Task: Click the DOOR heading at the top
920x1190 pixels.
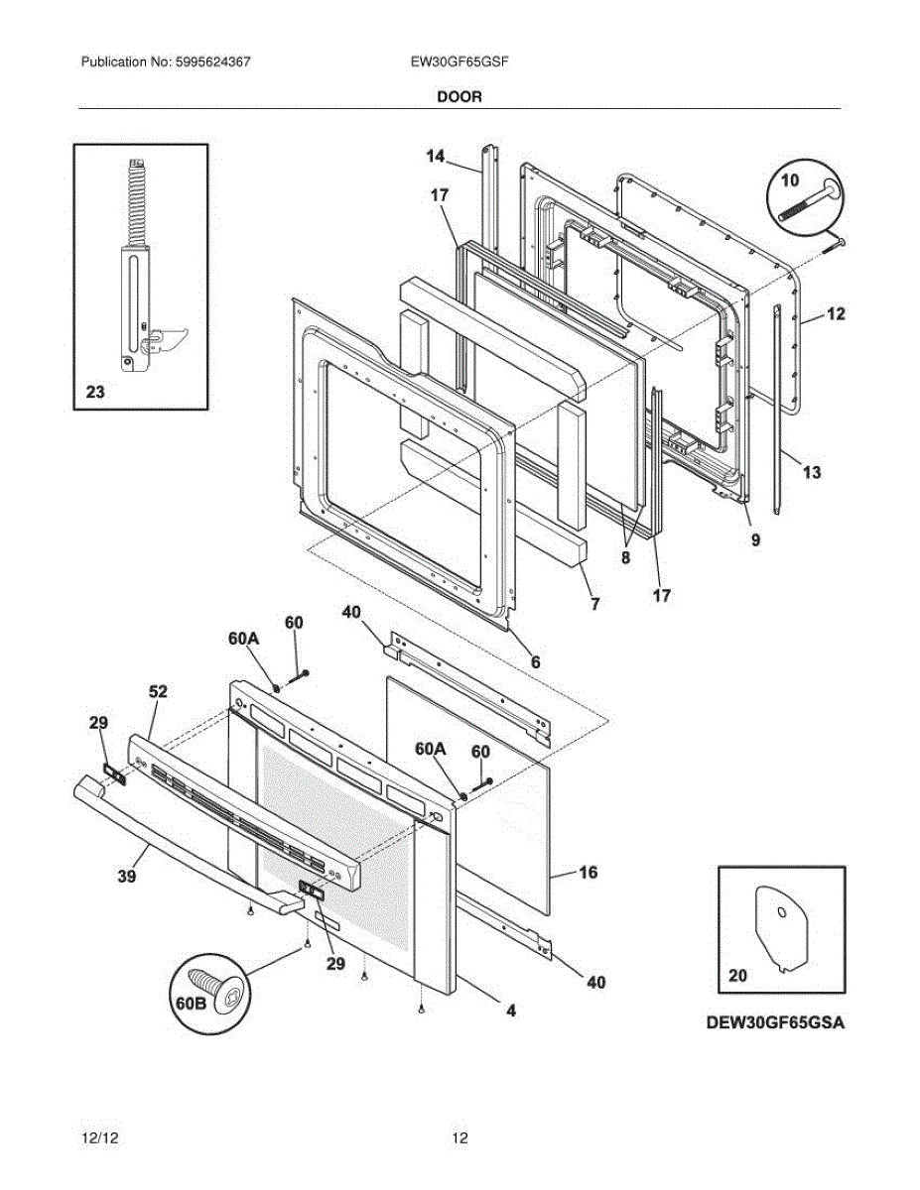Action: [x=459, y=96]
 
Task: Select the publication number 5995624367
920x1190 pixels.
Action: [x=213, y=61]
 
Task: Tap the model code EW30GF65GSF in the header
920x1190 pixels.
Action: [x=460, y=61]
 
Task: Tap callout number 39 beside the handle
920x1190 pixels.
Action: [x=127, y=876]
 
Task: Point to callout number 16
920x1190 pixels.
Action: [x=588, y=873]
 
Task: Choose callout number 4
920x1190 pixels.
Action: [x=511, y=1011]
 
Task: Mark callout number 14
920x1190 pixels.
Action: [x=436, y=156]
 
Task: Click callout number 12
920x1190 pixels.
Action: [x=836, y=314]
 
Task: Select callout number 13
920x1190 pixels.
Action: [x=812, y=472]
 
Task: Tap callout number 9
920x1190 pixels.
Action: [x=755, y=540]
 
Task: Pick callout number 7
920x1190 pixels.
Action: [x=594, y=603]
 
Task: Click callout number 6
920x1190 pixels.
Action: [x=535, y=660]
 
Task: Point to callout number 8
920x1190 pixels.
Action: [x=625, y=557]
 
